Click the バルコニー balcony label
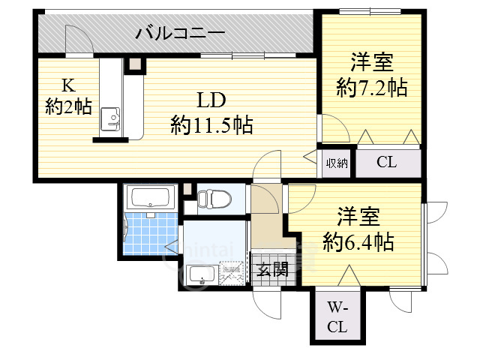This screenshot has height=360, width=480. pos(181,34)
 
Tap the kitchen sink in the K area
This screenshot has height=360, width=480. pos(110,117)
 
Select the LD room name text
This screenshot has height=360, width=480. pos(211,100)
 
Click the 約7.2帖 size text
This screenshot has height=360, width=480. pos(372,88)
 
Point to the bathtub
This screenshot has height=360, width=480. pos(152,198)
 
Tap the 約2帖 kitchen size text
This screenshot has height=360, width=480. pos(68,107)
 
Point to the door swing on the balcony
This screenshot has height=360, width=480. pos(77,39)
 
